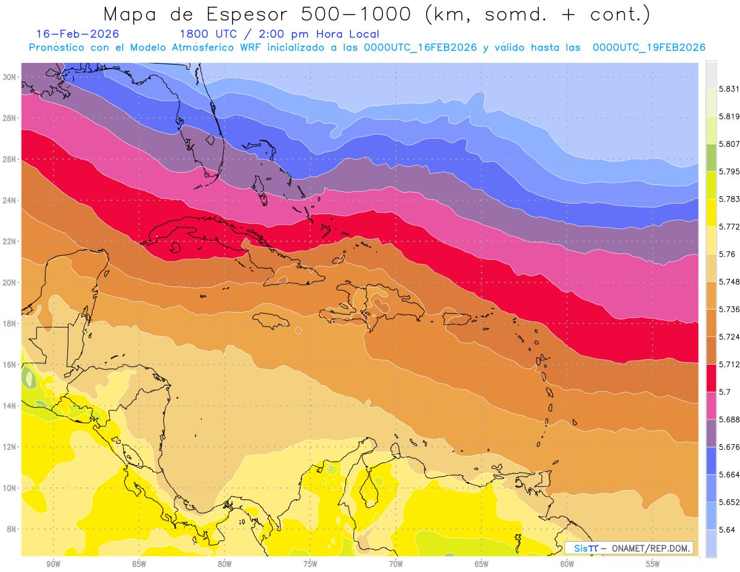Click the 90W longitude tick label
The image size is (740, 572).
53,563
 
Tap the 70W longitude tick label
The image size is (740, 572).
396,563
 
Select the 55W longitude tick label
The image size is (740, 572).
653,563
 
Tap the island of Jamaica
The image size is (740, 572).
272,320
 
